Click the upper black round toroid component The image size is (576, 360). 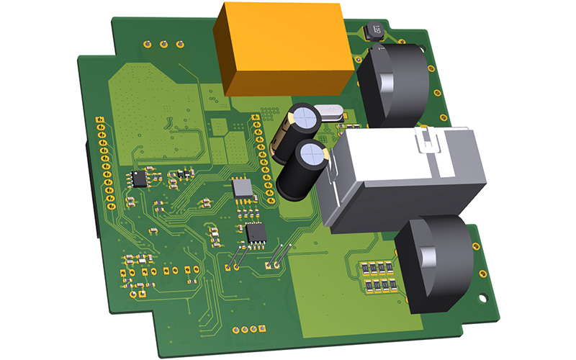tap(392, 83)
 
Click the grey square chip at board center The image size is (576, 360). tap(243, 189)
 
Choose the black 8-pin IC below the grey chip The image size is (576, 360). tap(256, 233)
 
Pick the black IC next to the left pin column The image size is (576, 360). tap(138, 178)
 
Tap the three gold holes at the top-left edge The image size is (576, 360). tap(163, 44)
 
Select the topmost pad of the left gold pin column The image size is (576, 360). tap(101, 117)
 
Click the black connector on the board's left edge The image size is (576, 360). tap(92, 191)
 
